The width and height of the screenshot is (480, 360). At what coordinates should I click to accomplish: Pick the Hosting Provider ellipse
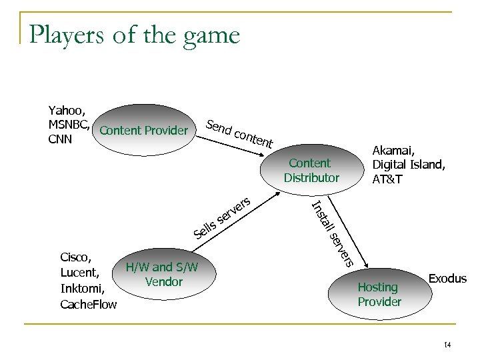378,294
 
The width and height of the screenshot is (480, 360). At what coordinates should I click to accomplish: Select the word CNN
60,139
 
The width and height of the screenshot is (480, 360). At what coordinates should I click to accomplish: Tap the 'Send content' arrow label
239,133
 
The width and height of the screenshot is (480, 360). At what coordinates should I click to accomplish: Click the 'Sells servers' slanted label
223,217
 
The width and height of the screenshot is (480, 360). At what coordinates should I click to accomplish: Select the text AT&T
387,179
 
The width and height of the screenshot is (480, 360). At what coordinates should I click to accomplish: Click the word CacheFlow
88,305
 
